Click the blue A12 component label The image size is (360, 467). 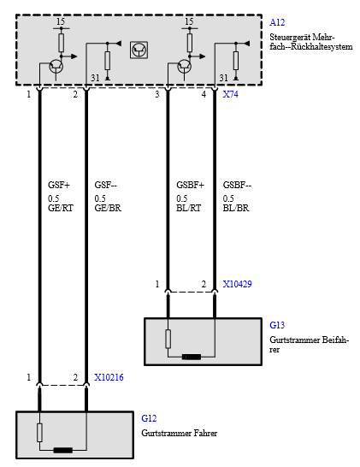point(277,22)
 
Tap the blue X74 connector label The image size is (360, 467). point(231,94)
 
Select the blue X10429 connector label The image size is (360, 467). point(237,284)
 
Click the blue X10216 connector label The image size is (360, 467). point(109,377)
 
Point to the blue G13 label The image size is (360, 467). point(277,325)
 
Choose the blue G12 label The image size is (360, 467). point(149,418)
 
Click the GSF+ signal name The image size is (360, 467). point(59,185)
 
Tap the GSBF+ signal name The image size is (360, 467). point(191,185)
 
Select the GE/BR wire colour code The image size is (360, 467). point(108,208)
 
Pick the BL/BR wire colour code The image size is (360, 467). point(236,208)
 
